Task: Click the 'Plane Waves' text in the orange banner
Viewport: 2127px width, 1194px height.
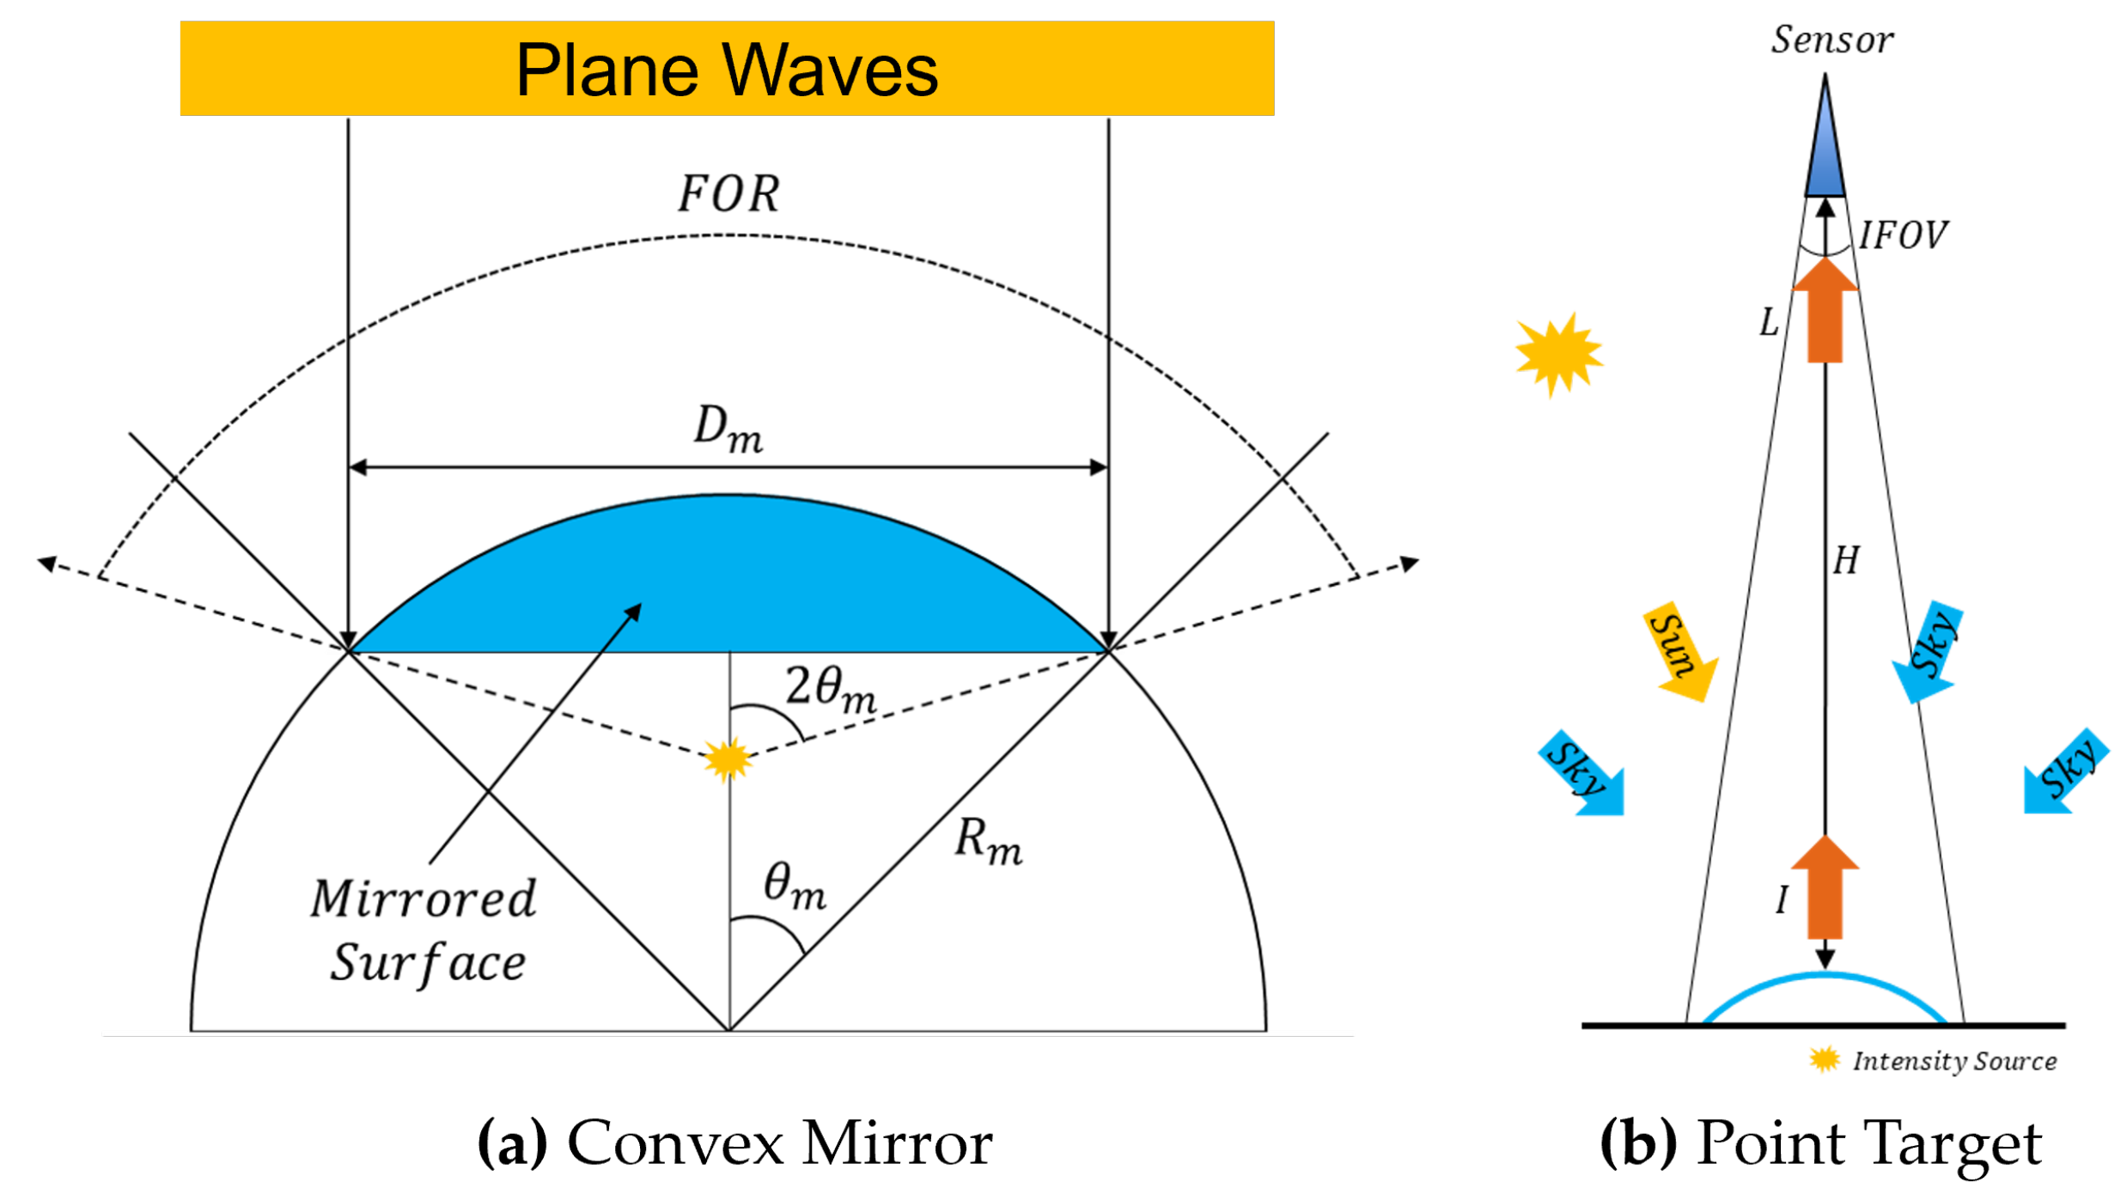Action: tap(726, 70)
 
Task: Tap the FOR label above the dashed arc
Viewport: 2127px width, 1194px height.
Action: tap(728, 194)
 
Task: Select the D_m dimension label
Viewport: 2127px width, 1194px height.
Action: tap(728, 429)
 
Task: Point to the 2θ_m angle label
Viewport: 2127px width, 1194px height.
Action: tap(831, 689)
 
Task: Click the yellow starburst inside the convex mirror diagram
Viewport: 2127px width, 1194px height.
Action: tap(728, 759)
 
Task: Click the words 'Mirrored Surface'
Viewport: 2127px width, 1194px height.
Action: tap(425, 930)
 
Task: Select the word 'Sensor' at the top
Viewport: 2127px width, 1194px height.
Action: tap(1831, 40)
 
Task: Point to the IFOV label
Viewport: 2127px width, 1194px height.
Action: tap(1903, 235)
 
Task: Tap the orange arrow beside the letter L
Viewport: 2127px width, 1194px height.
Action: tap(1825, 314)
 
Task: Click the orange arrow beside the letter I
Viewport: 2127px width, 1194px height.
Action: tap(1825, 889)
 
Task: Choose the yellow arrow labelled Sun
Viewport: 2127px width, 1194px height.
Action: tap(1679, 651)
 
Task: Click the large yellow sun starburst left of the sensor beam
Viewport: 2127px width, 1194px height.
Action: tap(1557, 354)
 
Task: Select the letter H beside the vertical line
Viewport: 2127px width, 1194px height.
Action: tap(1846, 561)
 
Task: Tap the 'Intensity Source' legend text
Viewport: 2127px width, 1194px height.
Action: tap(1953, 1062)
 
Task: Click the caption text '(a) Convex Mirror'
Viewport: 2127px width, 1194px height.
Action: tap(734, 1143)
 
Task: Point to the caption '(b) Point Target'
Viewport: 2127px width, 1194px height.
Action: tap(1820, 1143)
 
